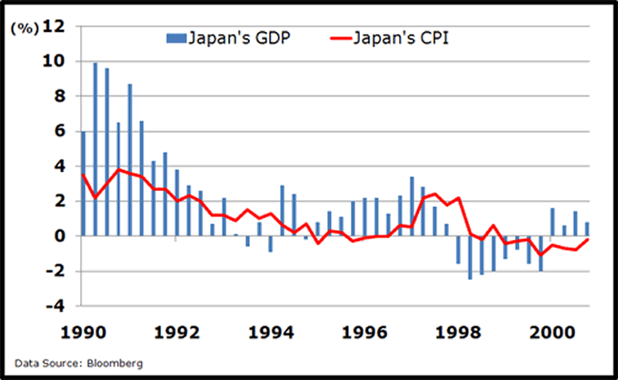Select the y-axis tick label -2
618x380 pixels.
(56, 272)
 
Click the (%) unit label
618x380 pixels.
(24, 27)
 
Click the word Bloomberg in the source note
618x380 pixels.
(115, 363)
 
